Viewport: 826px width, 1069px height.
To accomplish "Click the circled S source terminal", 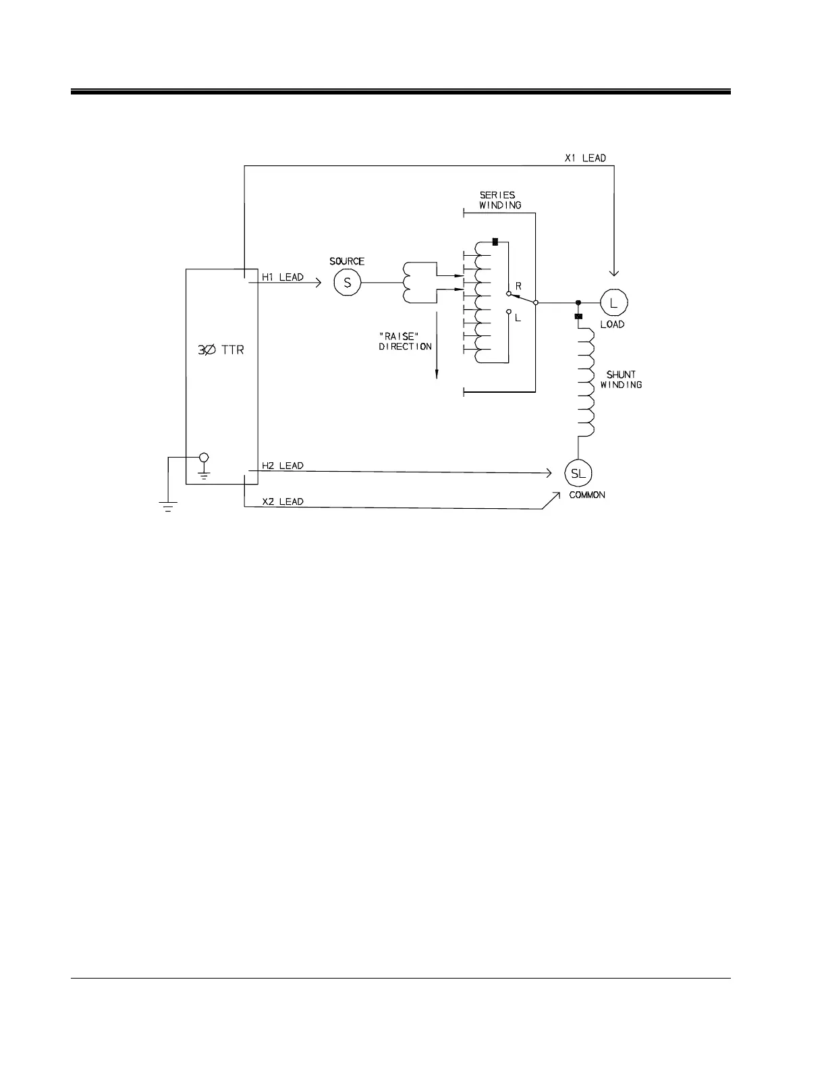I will (x=348, y=283).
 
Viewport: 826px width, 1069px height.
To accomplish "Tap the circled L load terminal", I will (x=613, y=303).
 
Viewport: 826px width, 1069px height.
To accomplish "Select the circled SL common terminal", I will (x=578, y=473).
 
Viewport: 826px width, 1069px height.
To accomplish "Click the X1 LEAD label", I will (x=585, y=158).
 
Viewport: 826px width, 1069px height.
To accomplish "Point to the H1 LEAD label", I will (x=282, y=277).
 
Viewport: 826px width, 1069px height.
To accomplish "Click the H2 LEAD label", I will (x=282, y=466).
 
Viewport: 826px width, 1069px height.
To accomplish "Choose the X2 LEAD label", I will (x=282, y=501).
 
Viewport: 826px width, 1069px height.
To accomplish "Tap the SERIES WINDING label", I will (x=499, y=200).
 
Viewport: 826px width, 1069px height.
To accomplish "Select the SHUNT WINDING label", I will (x=621, y=379).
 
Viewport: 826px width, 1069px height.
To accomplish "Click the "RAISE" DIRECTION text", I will (x=404, y=341).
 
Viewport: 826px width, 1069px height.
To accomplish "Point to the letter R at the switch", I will (x=518, y=286).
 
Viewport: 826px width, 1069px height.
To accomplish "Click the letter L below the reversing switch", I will (x=518, y=318).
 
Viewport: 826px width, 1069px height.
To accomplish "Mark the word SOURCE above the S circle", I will (x=347, y=261).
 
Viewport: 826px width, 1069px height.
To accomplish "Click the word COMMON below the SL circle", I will (x=586, y=495).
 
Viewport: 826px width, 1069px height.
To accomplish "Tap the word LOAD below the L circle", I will (x=612, y=325).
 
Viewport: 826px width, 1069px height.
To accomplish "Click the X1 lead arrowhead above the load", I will (x=613, y=272).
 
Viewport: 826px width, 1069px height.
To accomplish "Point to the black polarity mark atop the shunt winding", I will (x=578, y=316).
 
